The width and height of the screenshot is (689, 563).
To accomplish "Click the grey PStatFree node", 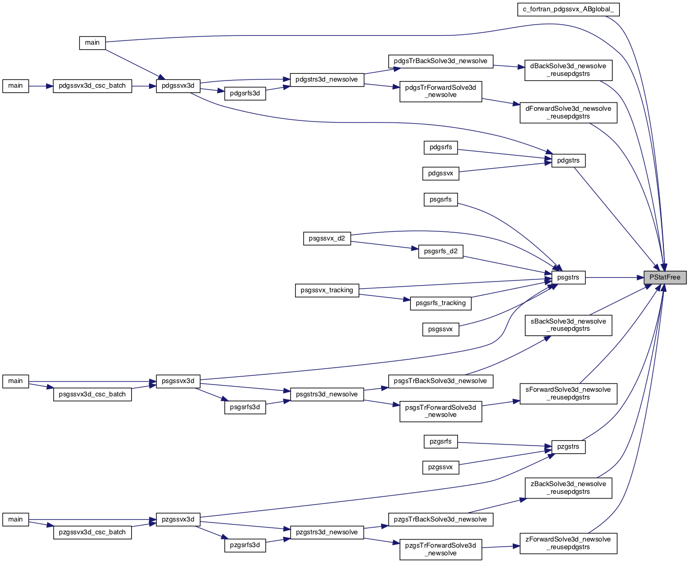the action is click(x=664, y=277).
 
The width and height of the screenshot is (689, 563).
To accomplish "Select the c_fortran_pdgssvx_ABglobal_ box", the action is click(x=568, y=9).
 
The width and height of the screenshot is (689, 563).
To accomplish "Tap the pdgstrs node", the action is click(x=568, y=160).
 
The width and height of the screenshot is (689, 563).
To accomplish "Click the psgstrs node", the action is click(x=568, y=277).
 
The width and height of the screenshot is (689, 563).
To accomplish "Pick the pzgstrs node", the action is click(x=568, y=447).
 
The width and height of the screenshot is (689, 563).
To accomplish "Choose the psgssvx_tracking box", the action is click(x=327, y=290).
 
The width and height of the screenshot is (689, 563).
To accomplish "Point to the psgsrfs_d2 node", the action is click(x=441, y=251).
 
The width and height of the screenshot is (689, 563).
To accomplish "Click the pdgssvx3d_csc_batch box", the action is click(x=92, y=86).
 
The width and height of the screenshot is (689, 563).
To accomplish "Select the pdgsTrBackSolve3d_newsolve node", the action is click(x=441, y=61).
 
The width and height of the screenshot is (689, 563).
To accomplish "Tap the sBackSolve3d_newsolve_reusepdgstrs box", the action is click(x=568, y=325).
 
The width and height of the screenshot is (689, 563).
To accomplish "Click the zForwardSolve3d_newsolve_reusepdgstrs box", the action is click(x=568, y=544).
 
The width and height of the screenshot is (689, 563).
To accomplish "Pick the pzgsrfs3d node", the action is click(x=245, y=546).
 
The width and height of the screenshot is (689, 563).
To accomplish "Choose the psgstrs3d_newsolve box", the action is click(x=327, y=394).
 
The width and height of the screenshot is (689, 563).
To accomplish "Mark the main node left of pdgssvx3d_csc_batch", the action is click(x=15, y=86).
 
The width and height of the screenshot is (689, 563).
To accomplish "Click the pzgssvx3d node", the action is click(x=178, y=519).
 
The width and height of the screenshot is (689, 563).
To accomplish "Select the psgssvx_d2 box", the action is click(x=327, y=238).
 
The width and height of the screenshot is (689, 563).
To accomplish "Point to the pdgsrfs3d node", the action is click(x=245, y=93).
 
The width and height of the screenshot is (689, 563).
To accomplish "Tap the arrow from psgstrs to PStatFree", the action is click(x=615, y=277).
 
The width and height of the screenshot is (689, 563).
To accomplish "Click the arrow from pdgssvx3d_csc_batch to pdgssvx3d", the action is click(x=144, y=86).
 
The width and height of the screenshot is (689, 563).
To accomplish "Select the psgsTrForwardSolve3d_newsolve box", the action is click(x=441, y=411).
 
